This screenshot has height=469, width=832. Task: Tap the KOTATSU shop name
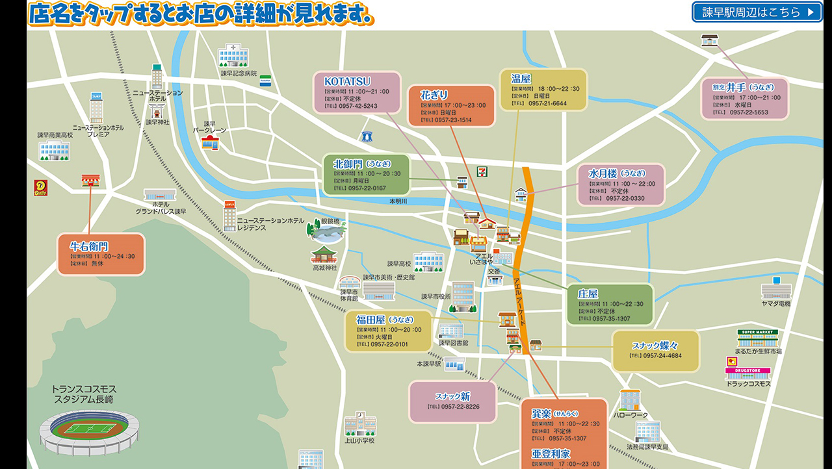[347, 81]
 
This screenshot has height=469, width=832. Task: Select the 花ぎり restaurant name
[434, 95]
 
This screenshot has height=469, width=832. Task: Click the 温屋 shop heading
[521, 79]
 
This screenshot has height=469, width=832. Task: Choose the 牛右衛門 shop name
[89, 246]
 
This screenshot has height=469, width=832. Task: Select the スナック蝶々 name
[655, 346]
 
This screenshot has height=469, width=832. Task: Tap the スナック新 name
[452, 396]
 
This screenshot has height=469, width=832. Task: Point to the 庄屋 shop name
[588, 294]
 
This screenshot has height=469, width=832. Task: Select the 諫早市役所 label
[435, 297]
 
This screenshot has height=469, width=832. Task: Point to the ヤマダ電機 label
[776, 303]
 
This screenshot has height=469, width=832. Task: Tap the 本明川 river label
[398, 202]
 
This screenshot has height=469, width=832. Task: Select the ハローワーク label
[629, 416]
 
